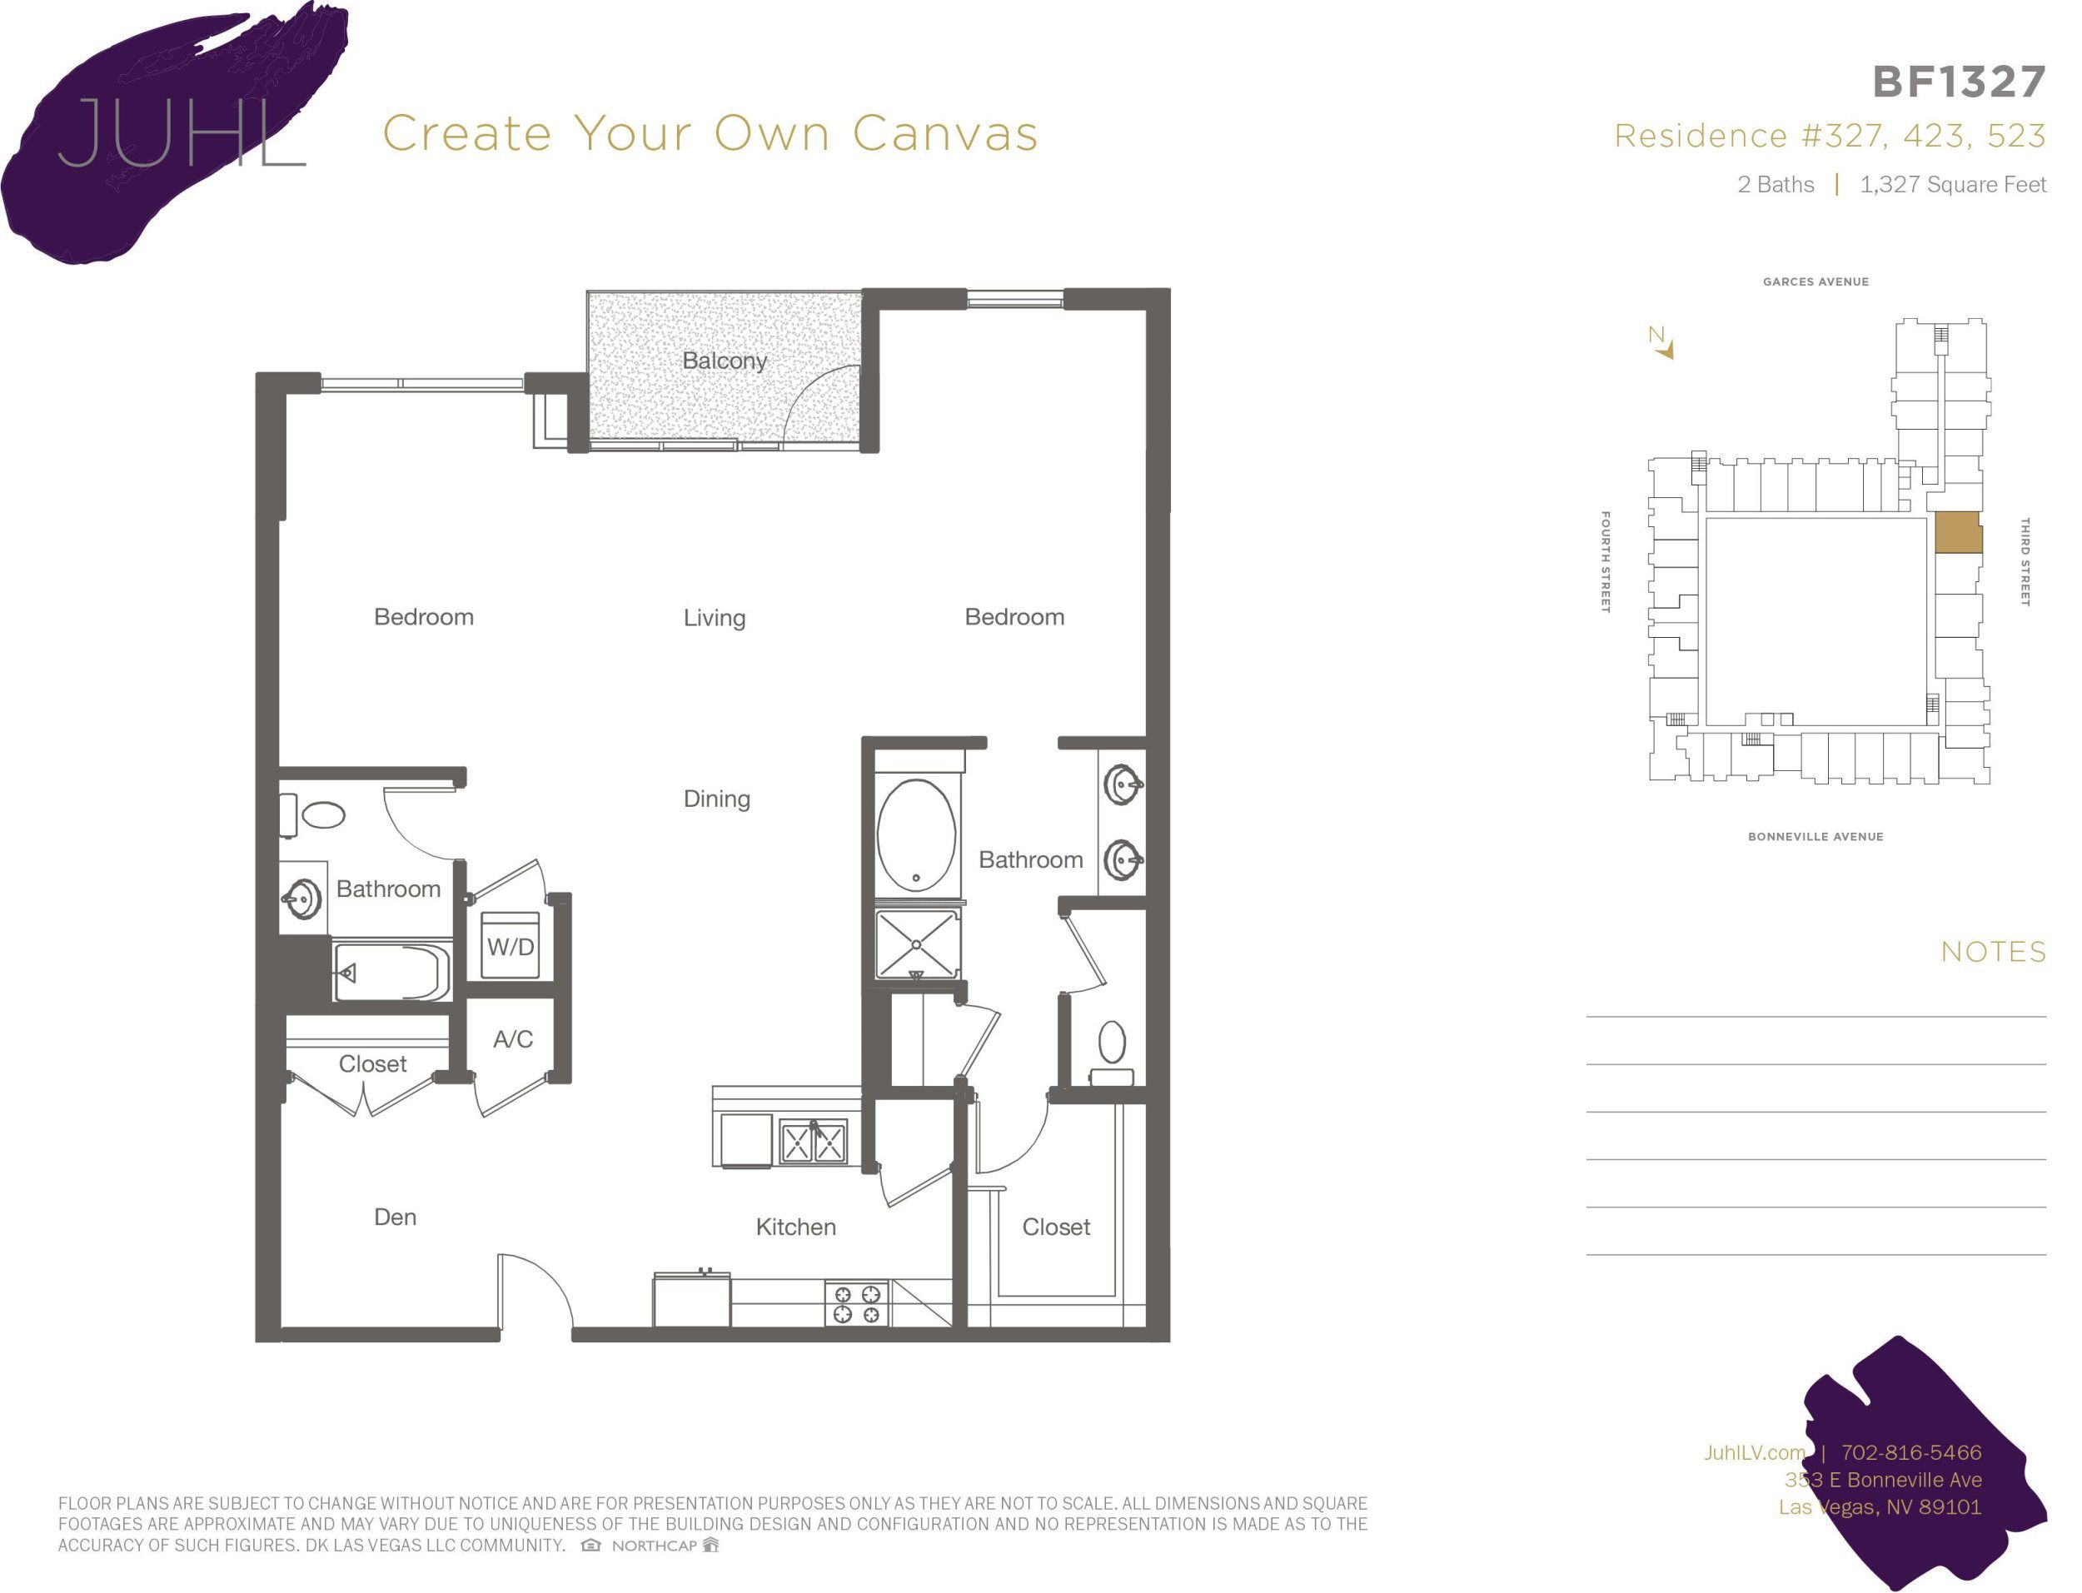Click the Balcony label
724,361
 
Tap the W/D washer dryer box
510,945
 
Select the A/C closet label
512,1039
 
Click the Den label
395,1217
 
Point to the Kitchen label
794,1227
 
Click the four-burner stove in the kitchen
856,1303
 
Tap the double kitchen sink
813,1141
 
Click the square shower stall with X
916,944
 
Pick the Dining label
716,799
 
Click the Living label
714,618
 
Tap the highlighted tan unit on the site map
1957,533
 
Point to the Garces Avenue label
1815,281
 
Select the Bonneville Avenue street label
1815,836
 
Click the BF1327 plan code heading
1958,82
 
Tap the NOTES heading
1993,952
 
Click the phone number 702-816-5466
1910,1451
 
